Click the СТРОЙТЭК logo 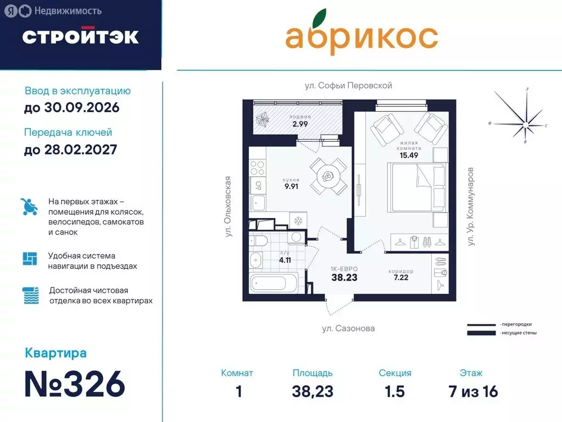click(80, 36)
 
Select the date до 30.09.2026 click(71, 108)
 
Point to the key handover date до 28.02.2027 click(70, 149)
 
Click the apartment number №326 click(75, 384)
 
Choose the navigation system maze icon click(30, 258)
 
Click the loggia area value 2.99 click(301, 124)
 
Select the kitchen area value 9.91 click(291, 186)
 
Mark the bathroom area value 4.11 click(285, 260)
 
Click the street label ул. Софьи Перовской click(348, 86)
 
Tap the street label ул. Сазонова click(348, 329)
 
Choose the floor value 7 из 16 click(473, 392)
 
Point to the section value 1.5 click(394, 392)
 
